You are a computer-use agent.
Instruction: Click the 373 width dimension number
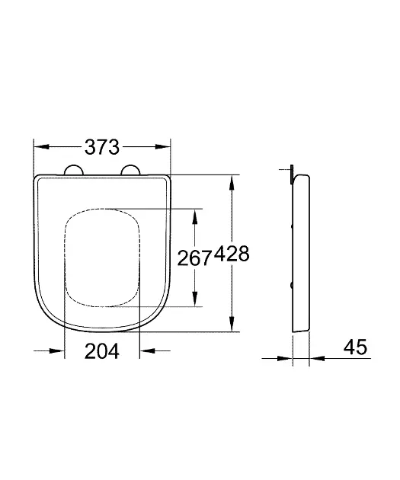102,148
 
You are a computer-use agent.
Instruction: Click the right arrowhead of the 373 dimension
164,148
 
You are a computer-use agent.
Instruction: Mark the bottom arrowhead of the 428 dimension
232,325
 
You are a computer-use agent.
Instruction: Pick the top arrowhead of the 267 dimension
196,216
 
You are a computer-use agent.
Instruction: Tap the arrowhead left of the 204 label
58,351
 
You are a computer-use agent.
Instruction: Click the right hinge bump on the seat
130,170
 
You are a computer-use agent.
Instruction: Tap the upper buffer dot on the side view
293,226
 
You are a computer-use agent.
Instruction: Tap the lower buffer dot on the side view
293,284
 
